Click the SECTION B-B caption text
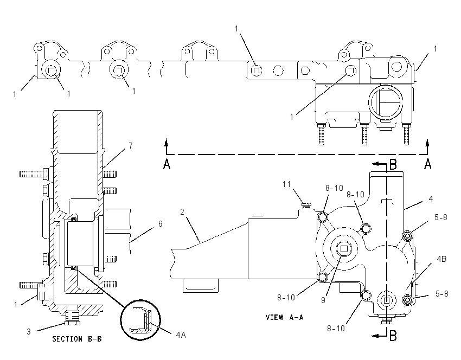(76, 339)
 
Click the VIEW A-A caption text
(284, 317)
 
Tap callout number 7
(131, 145)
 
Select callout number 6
(160, 223)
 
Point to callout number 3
(29, 331)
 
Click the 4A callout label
(181, 335)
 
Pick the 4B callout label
(441, 259)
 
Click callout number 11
(287, 184)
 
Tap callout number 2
(182, 212)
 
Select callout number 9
(323, 300)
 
